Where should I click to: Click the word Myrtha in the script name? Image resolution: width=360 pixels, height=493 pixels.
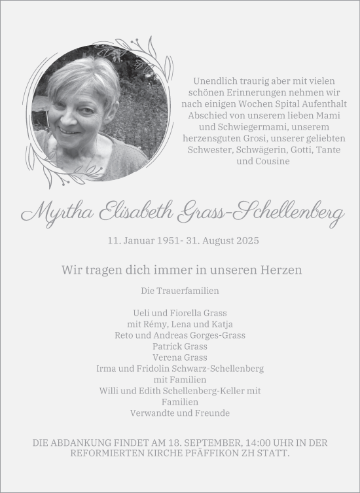[57, 212]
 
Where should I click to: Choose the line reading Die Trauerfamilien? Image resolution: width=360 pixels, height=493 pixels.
[179, 290]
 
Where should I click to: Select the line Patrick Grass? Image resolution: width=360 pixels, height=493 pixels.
[179, 346]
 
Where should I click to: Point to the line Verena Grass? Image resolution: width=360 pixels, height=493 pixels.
[179, 357]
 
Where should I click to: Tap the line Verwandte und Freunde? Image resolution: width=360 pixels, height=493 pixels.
[179, 413]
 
